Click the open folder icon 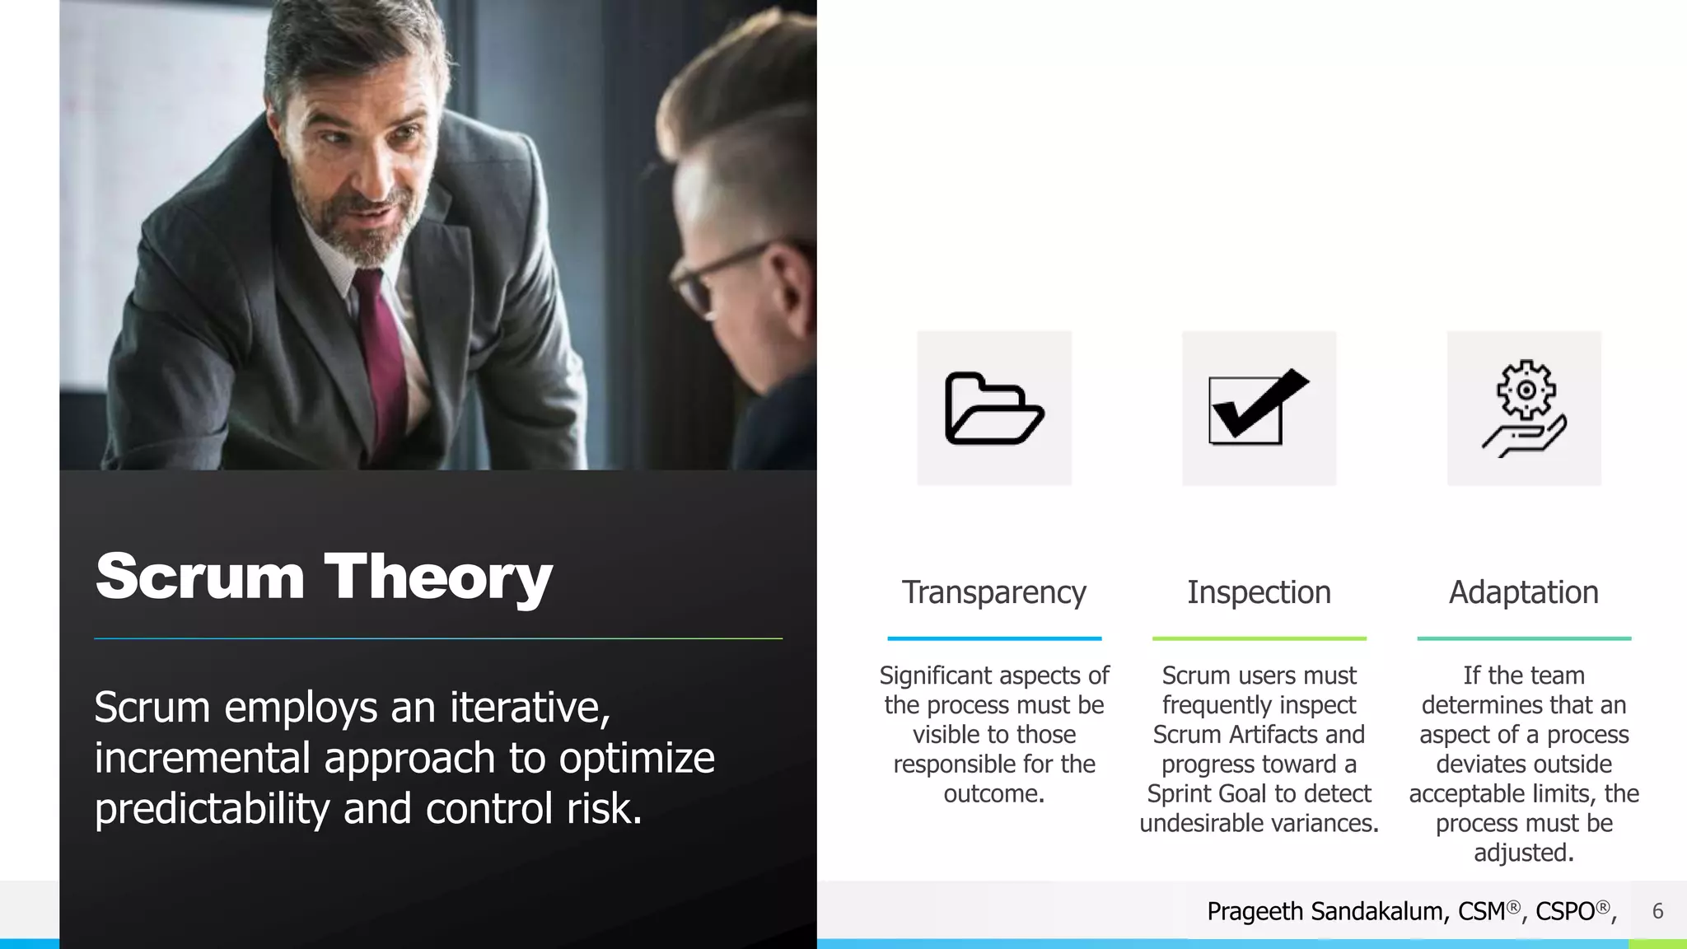point(994,409)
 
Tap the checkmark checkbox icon point(1258,408)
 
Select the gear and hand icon point(1525,409)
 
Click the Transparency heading point(993,592)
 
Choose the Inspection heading point(1259,592)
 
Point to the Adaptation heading point(1524,592)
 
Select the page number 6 point(1657,911)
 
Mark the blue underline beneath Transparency point(994,638)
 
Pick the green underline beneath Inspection point(1259,638)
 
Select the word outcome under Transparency point(993,794)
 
